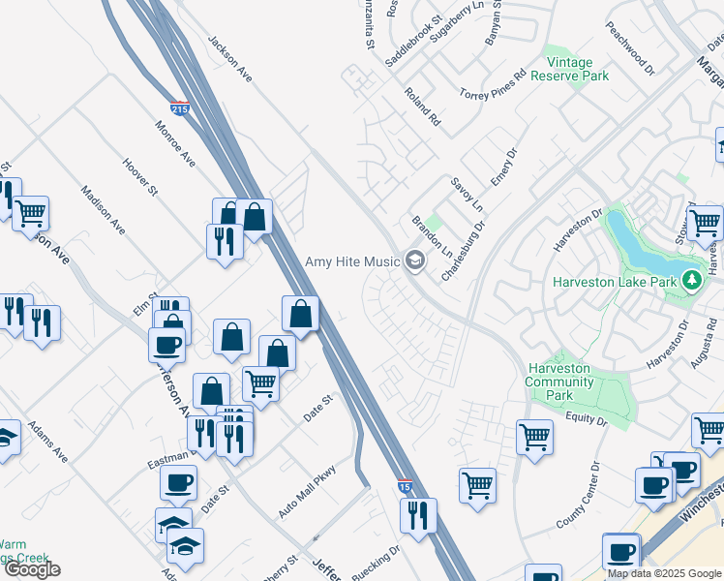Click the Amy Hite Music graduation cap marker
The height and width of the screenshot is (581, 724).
[x=415, y=260]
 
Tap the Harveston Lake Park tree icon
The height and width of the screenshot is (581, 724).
[x=691, y=282]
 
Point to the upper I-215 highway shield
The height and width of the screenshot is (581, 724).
[x=179, y=108]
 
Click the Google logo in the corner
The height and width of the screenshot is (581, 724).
[x=32, y=569]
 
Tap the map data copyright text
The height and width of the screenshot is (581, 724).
[x=665, y=573]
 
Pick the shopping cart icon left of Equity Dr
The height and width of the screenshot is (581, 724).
[x=534, y=437]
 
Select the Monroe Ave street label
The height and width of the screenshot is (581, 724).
[x=175, y=143]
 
